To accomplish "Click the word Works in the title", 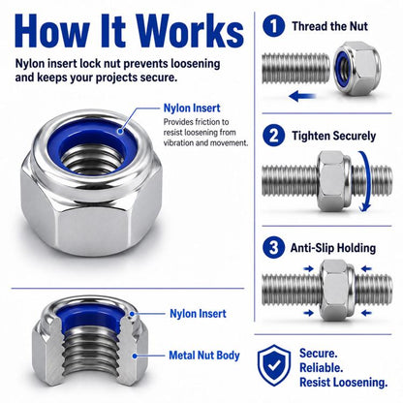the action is pyautogui.click(x=190, y=30).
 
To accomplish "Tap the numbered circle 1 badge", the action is pyautogui.click(x=273, y=26).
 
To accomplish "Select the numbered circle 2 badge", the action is pyautogui.click(x=273, y=136).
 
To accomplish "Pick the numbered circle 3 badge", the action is pyautogui.click(x=273, y=248).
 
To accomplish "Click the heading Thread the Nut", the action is pyautogui.click(x=329, y=26).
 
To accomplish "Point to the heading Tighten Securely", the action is pyautogui.click(x=334, y=136).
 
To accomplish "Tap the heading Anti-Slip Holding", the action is pyautogui.click(x=333, y=248).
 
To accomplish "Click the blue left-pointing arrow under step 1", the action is pyautogui.click(x=302, y=96).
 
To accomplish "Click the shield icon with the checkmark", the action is pyautogui.click(x=274, y=365).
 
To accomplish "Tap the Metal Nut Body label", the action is pyautogui.click(x=204, y=356).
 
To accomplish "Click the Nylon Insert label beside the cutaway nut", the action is pyautogui.click(x=198, y=314).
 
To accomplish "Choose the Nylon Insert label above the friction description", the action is pyautogui.click(x=192, y=108).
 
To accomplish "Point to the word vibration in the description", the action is pyautogui.click(x=178, y=142).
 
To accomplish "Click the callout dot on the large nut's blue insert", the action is pyautogui.click(x=120, y=131).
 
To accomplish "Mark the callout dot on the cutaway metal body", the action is pyautogui.click(x=136, y=356).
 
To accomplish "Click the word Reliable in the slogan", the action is pyautogui.click(x=321, y=367).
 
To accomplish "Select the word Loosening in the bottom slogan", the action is pyautogui.click(x=360, y=383).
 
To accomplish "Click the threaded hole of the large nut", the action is pyautogui.click(x=93, y=159).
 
